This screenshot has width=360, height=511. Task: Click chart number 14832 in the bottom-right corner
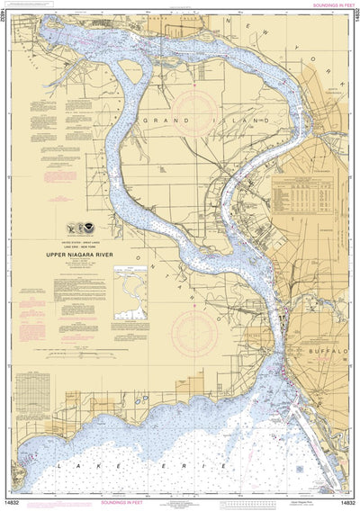345,505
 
